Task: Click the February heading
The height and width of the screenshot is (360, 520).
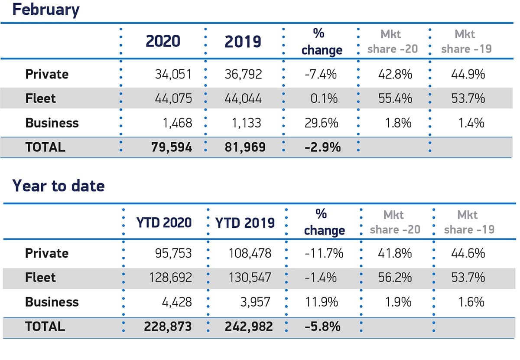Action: (x=45, y=9)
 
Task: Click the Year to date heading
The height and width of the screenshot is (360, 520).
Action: (x=58, y=186)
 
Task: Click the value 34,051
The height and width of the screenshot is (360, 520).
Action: (x=173, y=74)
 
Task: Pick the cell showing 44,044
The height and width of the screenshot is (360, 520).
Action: (x=243, y=98)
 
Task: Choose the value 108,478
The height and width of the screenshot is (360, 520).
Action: (x=250, y=253)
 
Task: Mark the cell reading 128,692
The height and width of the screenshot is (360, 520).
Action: (x=170, y=277)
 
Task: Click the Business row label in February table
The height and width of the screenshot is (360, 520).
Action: (x=52, y=123)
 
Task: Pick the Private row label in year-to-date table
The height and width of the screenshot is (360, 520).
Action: (x=47, y=253)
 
